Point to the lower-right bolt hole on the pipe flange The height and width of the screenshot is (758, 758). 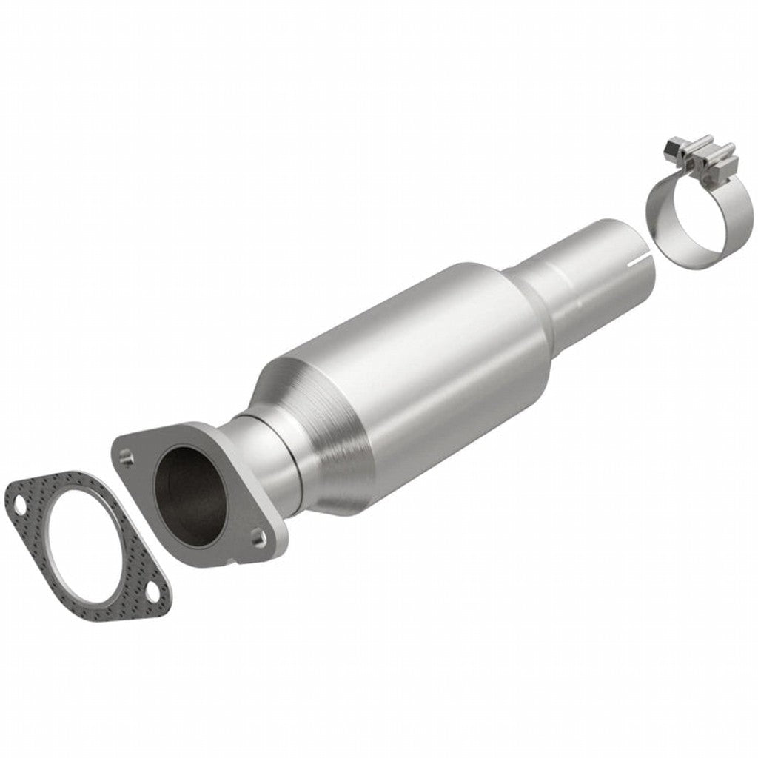[257, 534]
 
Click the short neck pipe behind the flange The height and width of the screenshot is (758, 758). [259, 452]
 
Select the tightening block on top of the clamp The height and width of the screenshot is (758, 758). [703, 152]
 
